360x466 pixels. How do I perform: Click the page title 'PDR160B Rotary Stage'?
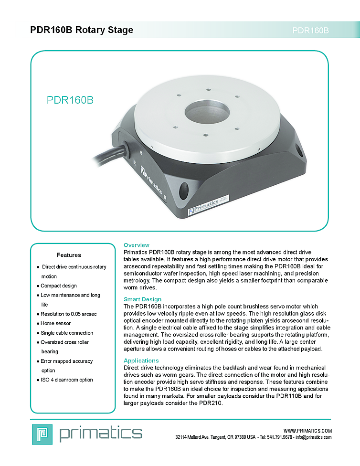coord(82,30)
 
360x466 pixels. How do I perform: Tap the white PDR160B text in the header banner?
coord(310,31)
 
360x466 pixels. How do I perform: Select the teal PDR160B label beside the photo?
coord(70,100)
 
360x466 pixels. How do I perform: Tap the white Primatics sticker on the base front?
coord(208,204)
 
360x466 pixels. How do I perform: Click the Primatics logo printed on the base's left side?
coord(151,180)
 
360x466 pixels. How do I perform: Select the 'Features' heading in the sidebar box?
coord(69,255)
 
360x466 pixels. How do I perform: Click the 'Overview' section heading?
coord(137,245)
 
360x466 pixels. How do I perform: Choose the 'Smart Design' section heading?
coord(142,299)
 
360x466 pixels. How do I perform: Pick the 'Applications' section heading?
coord(141,360)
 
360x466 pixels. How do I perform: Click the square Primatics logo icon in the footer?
coord(42,434)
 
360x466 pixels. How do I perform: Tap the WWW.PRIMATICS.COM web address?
coord(307,431)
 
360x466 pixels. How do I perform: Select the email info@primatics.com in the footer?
coord(313,437)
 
